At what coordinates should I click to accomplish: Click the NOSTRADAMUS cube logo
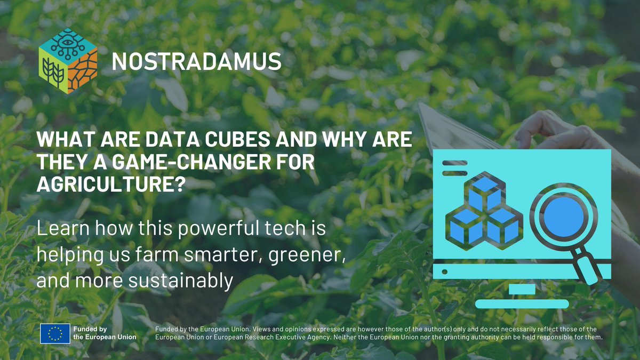[68, 62]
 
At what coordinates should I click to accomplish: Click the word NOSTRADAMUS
[196, 62]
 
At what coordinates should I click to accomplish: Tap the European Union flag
[55, 333]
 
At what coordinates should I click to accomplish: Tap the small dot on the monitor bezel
[445, 272]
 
